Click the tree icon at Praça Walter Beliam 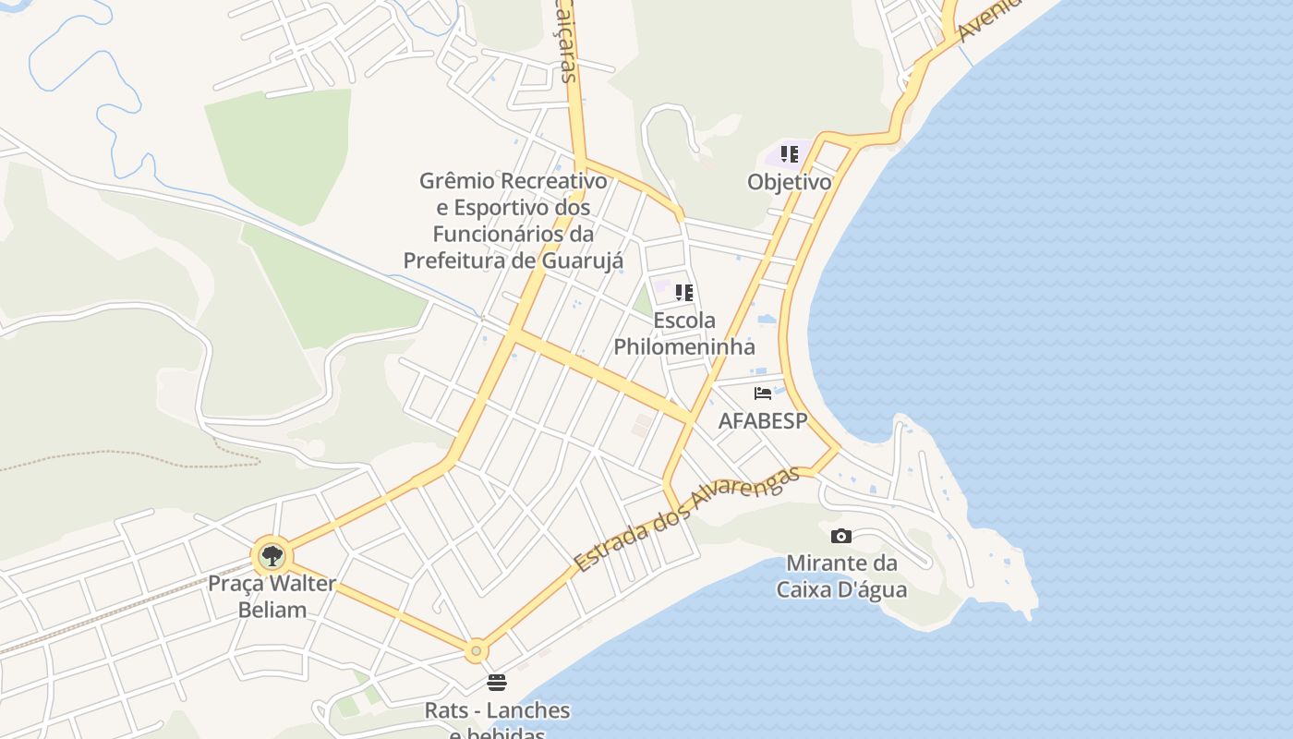(272, 556)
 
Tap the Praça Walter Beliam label (272, 597)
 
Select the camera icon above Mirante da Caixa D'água (840, 536)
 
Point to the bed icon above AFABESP (763, 394)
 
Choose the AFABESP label (763, 421)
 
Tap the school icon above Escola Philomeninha (684, 293)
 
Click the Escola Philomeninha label (684, 333)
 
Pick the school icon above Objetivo (789, 154)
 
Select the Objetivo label (789, 182)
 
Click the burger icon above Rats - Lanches (497, 683)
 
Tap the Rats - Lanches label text (497, 710)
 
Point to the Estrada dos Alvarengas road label (685, 519)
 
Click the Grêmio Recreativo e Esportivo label (514, 194)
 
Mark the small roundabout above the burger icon (476, 651)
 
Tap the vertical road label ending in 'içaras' (569, 42)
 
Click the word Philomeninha (684, 347)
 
